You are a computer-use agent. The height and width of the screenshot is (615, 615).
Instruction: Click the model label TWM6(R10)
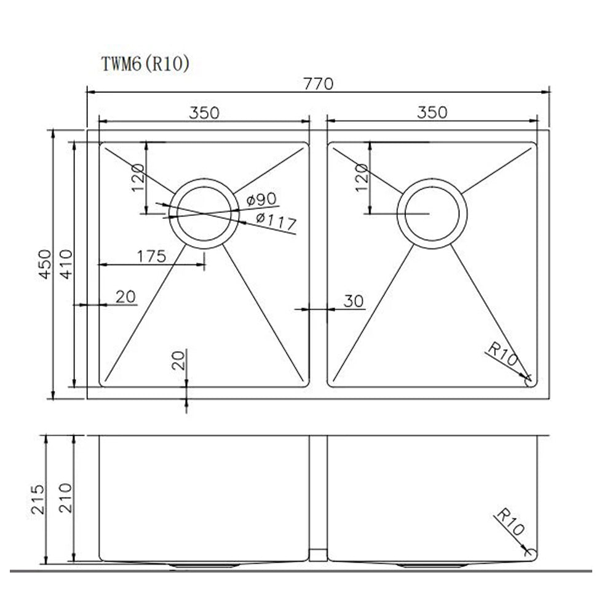145,65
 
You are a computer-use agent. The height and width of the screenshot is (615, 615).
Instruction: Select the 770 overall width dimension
319,83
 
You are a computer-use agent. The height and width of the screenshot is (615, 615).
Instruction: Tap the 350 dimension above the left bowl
204,113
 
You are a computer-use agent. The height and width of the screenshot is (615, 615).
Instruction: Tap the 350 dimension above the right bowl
432,113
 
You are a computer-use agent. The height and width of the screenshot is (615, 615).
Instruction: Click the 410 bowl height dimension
66,264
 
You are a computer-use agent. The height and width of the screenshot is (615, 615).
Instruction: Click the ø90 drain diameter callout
261,200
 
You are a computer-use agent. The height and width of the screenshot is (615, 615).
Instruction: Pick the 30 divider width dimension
354,301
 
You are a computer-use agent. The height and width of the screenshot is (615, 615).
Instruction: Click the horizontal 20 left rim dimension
125,297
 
